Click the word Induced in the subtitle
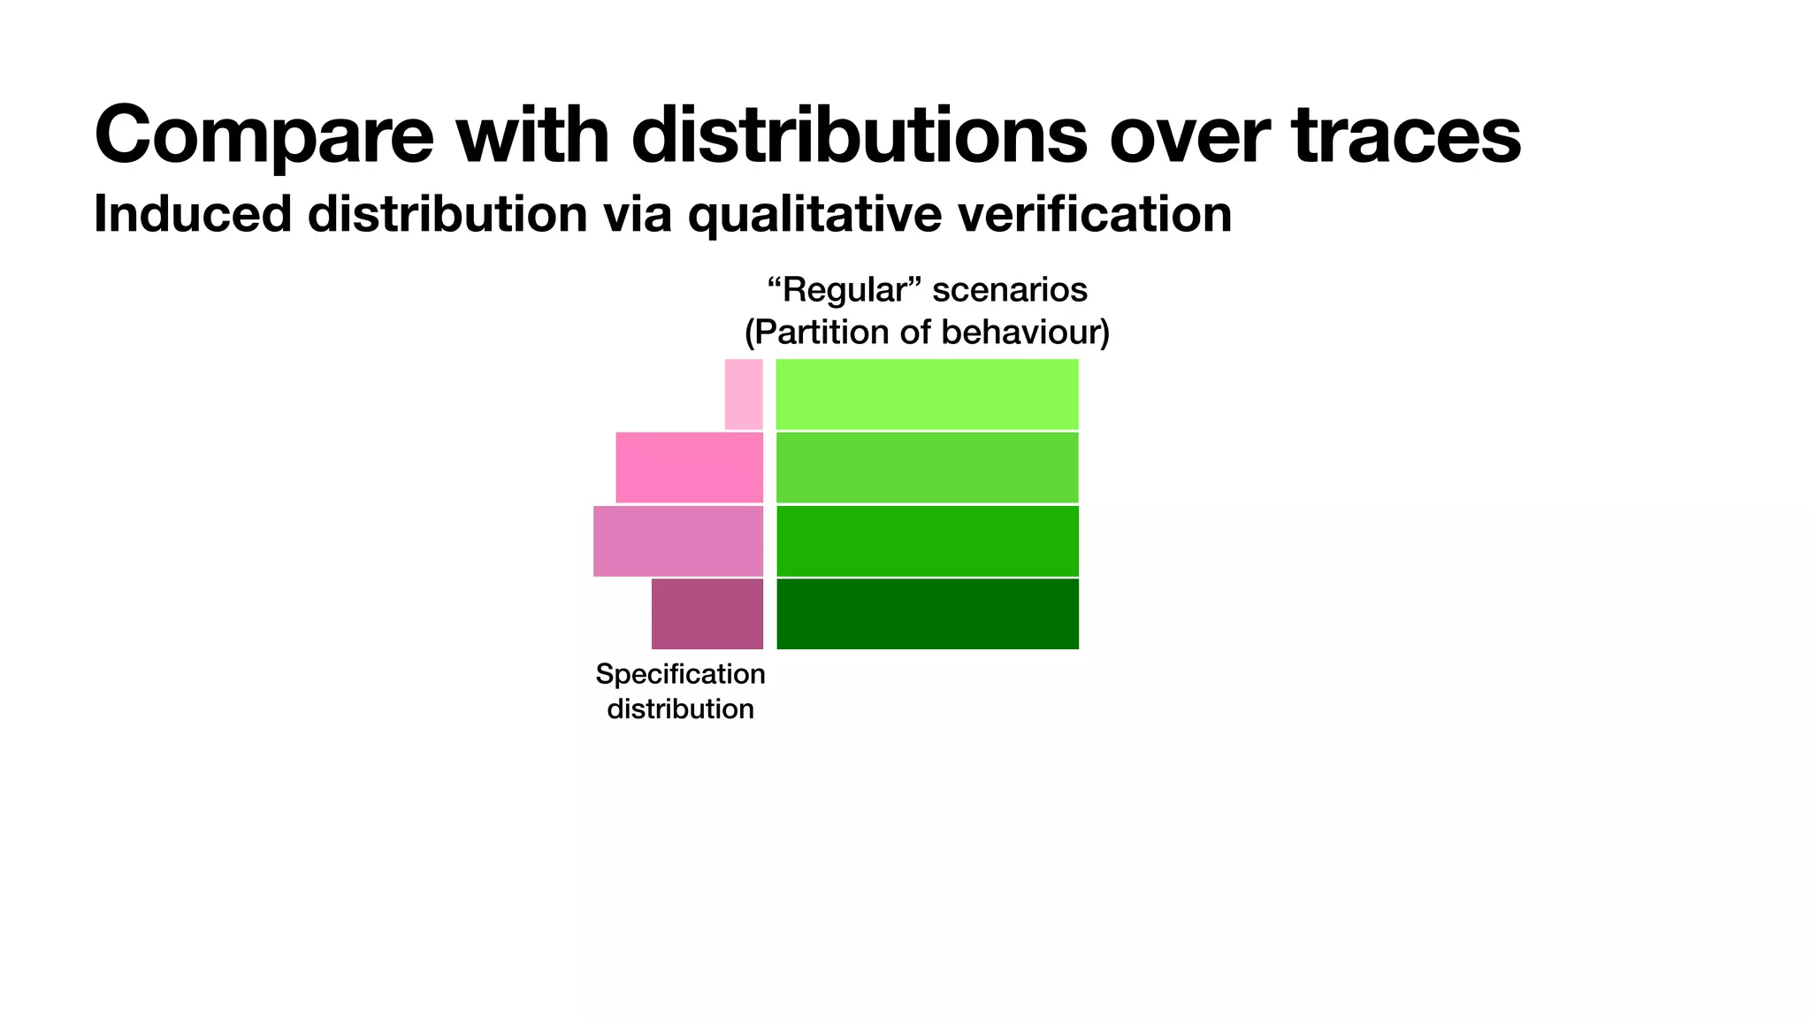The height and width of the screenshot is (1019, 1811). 192,214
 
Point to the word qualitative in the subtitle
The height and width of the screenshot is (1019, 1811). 814,214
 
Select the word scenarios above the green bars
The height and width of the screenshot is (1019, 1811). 1010,290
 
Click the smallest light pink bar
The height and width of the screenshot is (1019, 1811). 744,395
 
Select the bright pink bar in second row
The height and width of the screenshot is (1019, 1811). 689,467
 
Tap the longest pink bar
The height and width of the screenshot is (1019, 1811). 677,540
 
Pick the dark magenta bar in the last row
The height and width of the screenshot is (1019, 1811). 707,614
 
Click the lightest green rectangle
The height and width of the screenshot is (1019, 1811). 927,395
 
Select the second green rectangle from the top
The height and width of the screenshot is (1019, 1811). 927,467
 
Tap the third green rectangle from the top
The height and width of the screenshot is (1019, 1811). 927,540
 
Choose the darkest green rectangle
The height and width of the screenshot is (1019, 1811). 927,614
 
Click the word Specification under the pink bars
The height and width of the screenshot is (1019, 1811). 680,674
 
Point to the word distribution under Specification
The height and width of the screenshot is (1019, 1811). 680,709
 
